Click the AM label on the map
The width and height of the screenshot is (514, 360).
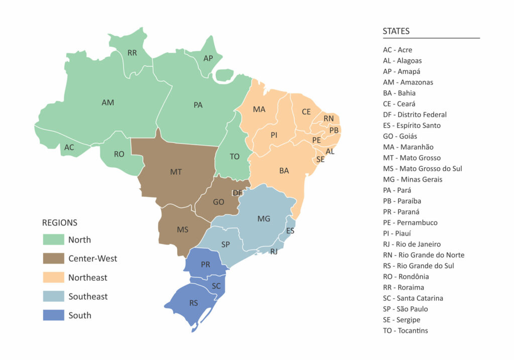pyautogui.click(x=108, y=102)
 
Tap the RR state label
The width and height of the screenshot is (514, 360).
pyautogui.click(x=132, y=53)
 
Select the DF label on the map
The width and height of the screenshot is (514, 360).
pyautogui.click(x=237, y=193)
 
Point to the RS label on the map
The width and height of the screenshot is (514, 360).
pyautogui.click(x=193, y=303)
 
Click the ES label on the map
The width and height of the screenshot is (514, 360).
pyautogui.click(x=290, y=231)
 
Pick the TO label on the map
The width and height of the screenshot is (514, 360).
pyautogui.click(x=234, y=157)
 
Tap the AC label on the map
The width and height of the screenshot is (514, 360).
pyautogui.click(x=69, y=148)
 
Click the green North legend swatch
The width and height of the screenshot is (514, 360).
pyautogui.click(x=53, y=239)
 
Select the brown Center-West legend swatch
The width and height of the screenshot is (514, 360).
pyautogui.click(x=53, y=259)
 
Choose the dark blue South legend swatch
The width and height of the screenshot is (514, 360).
pyautogui.click(x=53, y=315)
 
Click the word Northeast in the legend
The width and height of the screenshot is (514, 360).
pyautogui.click(x=88, y=278)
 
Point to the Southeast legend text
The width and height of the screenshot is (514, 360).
pyautogui.click(x=88, y=297)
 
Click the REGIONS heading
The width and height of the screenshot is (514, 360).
pyautogui.click(x=60, y=222)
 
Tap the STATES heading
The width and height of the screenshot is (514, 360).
pyautogui.click(x=396, y=31)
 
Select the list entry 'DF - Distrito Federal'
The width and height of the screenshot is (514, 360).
pyautogui.click(x=415, y=114)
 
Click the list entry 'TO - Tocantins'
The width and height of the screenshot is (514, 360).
pyautogui.click(x=405, y=330)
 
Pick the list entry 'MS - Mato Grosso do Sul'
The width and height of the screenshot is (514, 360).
pyautogui.click(x=422, y=169)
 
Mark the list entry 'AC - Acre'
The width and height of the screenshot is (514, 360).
pyautogui.click(x=398, y=50)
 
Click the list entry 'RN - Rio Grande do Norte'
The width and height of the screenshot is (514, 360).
pyautogui.click(x=423, y=255)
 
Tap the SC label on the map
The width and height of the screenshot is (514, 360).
pyautogui.click(x=216, y=286)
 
